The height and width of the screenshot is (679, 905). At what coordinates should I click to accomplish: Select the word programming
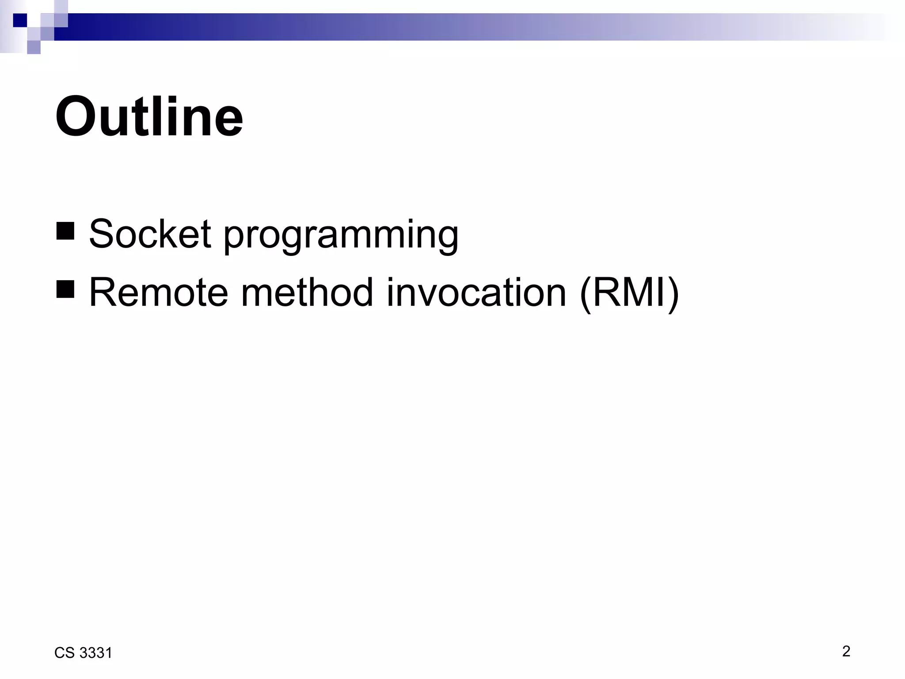pyautogui.click(x=341, y=237)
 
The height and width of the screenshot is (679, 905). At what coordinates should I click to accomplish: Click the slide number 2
pyautogui.click(x=846, y=651)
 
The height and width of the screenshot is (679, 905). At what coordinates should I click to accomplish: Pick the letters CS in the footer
pyautogui.click(x=65, y=653)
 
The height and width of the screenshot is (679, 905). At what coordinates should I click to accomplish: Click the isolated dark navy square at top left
pyautogui.click(x=20, y=20)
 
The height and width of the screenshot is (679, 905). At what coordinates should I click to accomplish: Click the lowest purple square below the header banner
pyautogui.click(x=34, y=47)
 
